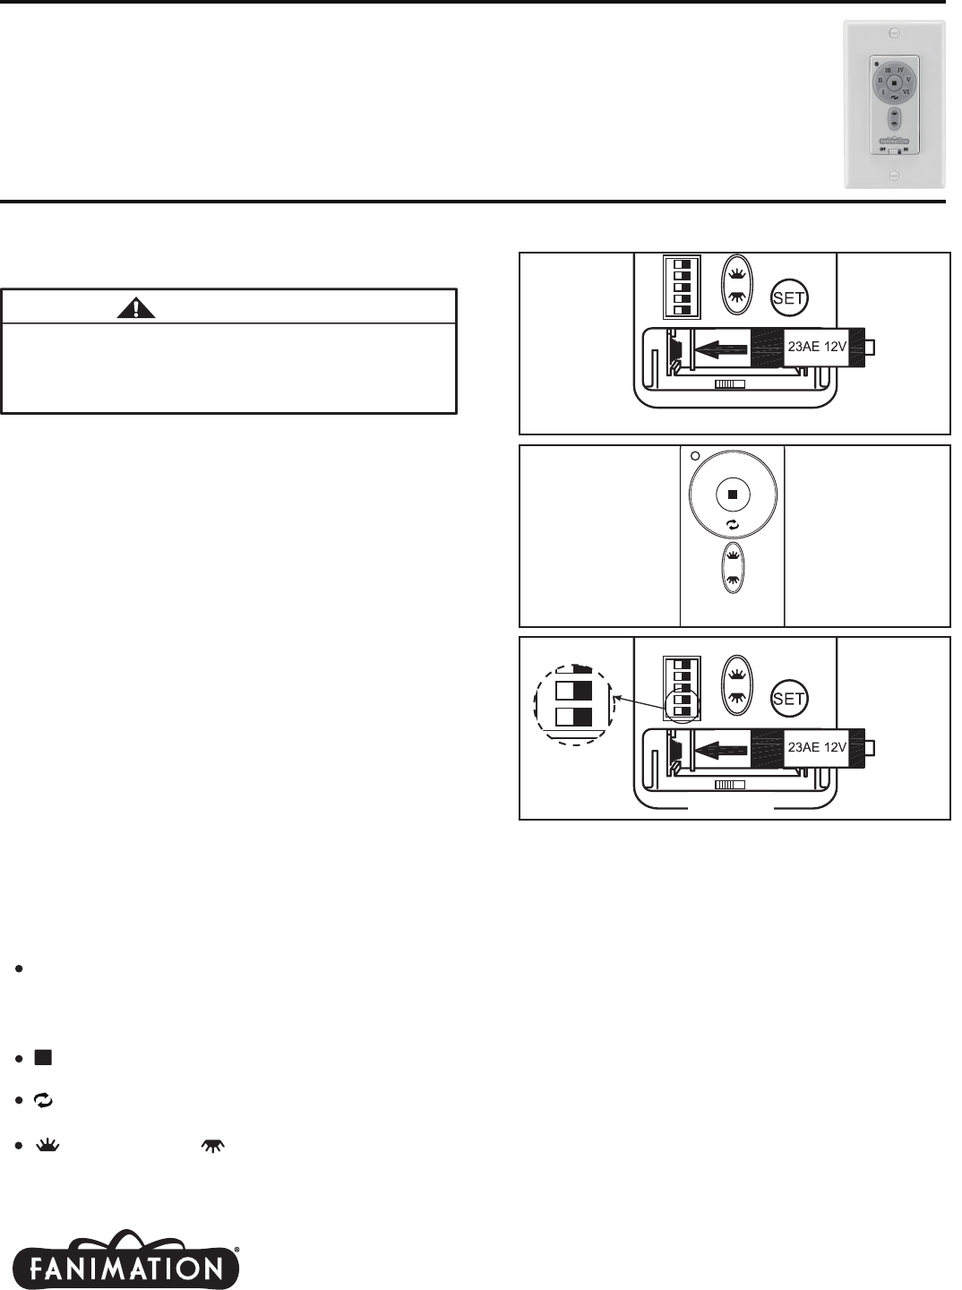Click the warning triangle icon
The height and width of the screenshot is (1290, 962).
(x=135, y=308)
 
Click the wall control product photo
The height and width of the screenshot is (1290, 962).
(x=894, y=105)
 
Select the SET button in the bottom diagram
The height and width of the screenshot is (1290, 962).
(x=788, y=699)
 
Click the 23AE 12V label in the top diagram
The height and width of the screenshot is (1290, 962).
(x=816, y=348)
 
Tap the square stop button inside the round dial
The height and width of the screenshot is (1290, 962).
(x=732, y=494)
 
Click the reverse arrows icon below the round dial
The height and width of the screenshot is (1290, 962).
(x=732, y=526)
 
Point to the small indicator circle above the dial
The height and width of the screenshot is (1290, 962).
(x=695, y=455)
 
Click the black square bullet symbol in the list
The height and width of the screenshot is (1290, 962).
(x=42, y=1058)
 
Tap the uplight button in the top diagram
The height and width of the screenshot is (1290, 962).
(x=736, y=273)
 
